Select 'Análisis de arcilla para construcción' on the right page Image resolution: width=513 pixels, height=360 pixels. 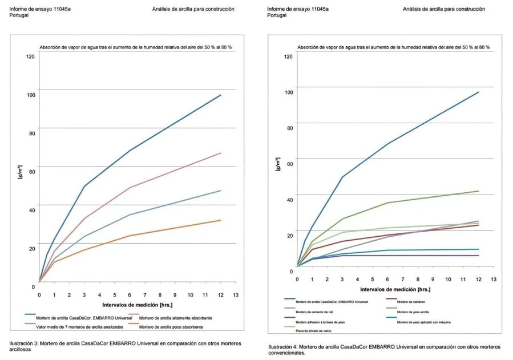coord(443,9)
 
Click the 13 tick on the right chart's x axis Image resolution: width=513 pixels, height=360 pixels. coord(494,279)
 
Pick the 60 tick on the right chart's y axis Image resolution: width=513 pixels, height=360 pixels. coord(289,163)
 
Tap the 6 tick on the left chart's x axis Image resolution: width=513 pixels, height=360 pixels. coord(129,294)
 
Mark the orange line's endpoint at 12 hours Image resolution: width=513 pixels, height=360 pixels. coord(221,220)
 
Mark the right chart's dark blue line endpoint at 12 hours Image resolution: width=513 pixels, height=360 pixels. coord(478,92)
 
